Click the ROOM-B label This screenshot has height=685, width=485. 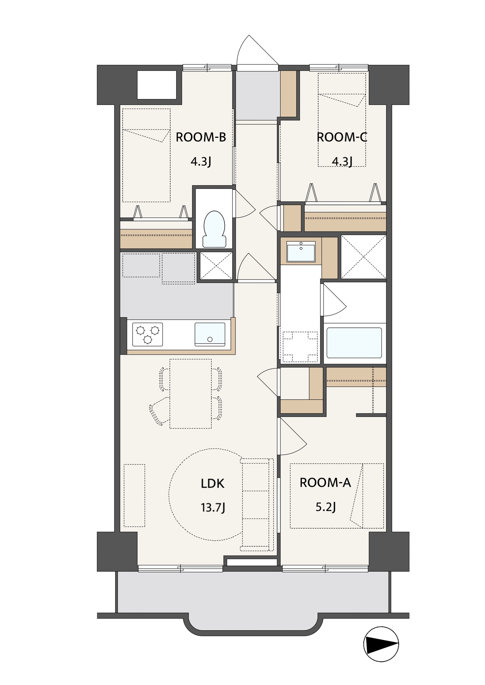point(201,137)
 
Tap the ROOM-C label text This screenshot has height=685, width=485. point(342,137)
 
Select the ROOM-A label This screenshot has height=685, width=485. point(325,483)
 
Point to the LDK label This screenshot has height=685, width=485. point(213,484)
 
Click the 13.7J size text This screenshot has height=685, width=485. point(213,508)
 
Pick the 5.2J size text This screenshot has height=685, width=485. point(326,507)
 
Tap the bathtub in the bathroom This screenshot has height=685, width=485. point(354,343)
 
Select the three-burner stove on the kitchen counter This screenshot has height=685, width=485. point(147,334)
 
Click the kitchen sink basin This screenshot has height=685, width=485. point(210,334)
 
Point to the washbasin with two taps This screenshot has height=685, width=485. point(301,251)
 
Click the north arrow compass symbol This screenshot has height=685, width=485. point(381,644)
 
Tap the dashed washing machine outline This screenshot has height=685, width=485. point(300,347)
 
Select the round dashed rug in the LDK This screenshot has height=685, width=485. point(207,494)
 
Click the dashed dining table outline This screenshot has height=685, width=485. point(191,394)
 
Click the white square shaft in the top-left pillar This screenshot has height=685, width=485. point(157,85)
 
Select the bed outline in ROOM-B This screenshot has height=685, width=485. point(146,155)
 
